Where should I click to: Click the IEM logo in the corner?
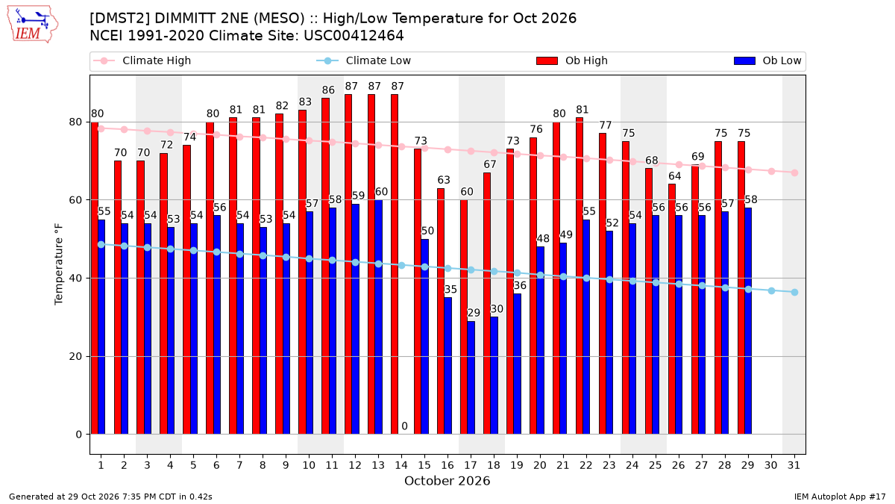pos(32,25)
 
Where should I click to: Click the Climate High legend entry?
pos(142,60)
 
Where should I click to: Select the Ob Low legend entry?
pos(767,60)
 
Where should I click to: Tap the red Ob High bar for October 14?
pos(395,264)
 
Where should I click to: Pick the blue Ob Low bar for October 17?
pos(471,378)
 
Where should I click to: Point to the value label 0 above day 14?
pos(404,426)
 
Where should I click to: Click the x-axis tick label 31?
pos(794,465)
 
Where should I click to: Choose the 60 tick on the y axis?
pos(75,200)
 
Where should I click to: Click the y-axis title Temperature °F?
pos(59,264)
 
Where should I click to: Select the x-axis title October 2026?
pos(447,481)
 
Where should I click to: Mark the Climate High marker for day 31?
pos(794,172)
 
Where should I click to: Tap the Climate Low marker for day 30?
pos(771,290)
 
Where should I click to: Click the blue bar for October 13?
pos(378,317)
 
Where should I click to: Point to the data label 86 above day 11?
pos(328,90)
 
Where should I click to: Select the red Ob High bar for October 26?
pos(672,309)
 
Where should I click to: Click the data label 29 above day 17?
pos(474,313)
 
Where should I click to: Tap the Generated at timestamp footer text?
pos(110,497)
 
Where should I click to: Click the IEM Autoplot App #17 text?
pos(840,497)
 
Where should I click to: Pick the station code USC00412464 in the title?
pos(354,36)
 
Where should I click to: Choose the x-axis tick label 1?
pos(101,465)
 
